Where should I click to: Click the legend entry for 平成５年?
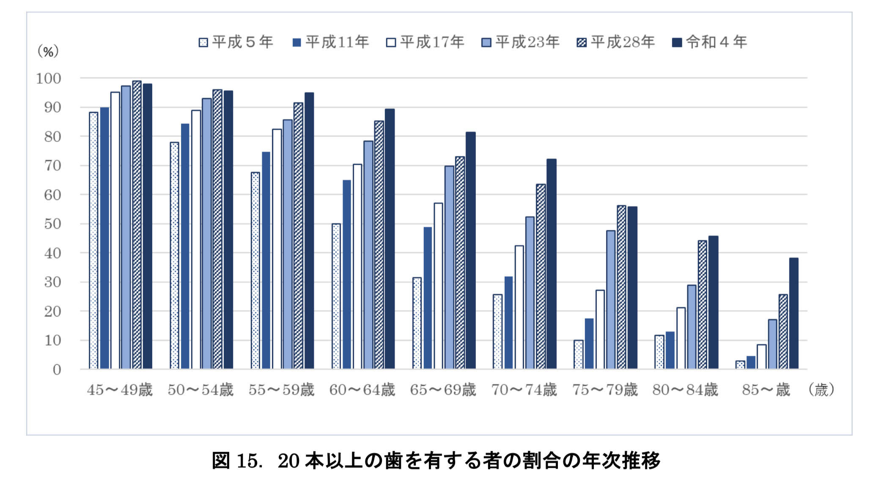[x=236, y=42]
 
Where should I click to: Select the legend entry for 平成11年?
[x=331, y=42]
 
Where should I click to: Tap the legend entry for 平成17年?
[x=426, y=42]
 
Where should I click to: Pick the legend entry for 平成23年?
[x=521, y=42]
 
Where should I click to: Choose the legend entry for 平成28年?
[x=616, y=42]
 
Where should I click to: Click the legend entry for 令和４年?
[x=710, y=42]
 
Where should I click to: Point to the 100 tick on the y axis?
[x=49, y=79]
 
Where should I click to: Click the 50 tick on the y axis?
[x=52, y=224]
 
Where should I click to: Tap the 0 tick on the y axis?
[x=57, y=370]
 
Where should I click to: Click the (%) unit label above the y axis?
[x=48, y=52]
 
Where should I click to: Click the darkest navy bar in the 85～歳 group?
[x=793, y=313]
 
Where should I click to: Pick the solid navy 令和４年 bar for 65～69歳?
[x=470, y=251]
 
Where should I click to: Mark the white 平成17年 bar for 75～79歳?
[x=600, y=330]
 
